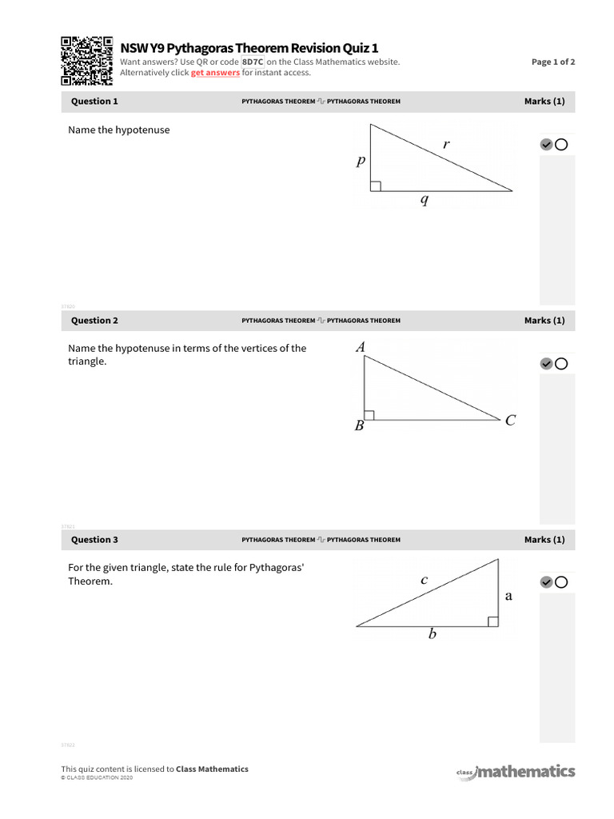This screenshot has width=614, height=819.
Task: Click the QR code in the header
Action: pos(86,61)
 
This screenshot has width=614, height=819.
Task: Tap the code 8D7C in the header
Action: pos(253,62)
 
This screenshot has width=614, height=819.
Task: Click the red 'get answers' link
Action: pos(215,73)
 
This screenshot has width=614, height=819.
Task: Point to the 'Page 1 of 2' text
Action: pos(553,62)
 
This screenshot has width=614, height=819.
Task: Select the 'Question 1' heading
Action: pos(94,102)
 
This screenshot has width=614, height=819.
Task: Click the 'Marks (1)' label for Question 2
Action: pos(544,321)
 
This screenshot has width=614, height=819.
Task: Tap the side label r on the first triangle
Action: pos(446,145)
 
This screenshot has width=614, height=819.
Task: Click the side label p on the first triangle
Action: pos(361,161)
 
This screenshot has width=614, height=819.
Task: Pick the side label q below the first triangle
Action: pos(425,201)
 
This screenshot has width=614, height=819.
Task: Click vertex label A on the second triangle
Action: pos(360,347)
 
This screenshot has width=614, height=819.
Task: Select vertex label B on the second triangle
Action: pos(359,426)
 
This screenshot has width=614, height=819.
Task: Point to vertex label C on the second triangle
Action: pos(510,421)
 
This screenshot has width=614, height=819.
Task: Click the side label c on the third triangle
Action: pos(425,581)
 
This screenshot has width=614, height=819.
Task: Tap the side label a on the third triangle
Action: pos(508,596)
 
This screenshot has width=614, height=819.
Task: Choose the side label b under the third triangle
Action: pos(433,635)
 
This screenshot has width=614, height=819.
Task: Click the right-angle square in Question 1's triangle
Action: pos(376,186)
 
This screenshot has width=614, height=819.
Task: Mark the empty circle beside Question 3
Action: pos(561,582)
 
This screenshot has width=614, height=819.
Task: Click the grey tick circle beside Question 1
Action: pos(546,145)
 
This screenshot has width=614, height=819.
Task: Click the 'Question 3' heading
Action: pos(94,540)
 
